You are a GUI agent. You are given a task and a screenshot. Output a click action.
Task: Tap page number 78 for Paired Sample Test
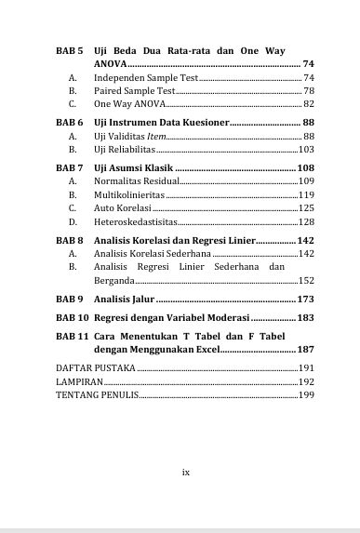click(x=308, y=91)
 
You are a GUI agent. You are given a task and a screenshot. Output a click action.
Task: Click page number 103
click(x=306, y=150)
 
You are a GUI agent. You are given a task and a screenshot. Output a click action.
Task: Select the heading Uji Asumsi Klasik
click(x=133, y=167)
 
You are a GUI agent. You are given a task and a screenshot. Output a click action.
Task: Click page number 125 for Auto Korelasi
click(x=306, y=208)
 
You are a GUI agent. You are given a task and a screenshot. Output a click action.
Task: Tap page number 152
click(x=306, y=280)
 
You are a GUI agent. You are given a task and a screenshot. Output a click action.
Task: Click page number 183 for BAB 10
click(x=304, y=317)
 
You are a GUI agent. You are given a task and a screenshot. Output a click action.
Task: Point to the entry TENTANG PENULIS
click(x=97, y=395)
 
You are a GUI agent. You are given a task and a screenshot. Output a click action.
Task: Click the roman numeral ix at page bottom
click(x=186, y=472)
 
